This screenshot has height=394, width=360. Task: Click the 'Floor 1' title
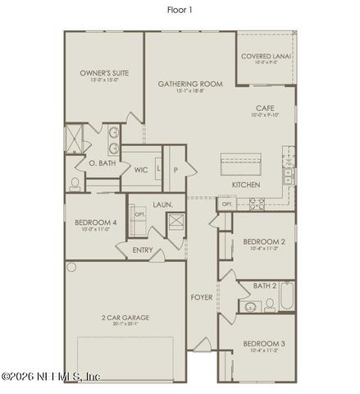pyautogui.click(x=180, y=10)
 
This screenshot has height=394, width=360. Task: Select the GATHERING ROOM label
pyautogui.click(x=189, y=84)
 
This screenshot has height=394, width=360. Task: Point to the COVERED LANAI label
pyautogui.click(x=267, y=56)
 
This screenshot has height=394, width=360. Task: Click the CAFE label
pyautogui.click(x=264, y=108)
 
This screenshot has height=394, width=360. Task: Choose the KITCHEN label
pyautogui.click(x=246, y=186)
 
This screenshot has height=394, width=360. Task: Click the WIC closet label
pyautogui.click(x=141, y=169)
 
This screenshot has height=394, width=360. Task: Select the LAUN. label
pyautogui.click(x=162, y=204)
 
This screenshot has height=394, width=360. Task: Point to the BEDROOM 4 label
pyautogui.click(x=96, y=222)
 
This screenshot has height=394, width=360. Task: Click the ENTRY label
pyautogui.click(x=142, y=250)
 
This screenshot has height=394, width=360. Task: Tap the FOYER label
pyautogui.click(x=202, y=296)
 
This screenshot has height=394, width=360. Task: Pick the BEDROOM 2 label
pyautogui.click(x=264, y=241)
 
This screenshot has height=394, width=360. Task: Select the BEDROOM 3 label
pyautogui.click(x=264, y=343)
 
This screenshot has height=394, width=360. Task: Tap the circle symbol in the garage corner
pyautogui.click(x=71, y=267)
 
